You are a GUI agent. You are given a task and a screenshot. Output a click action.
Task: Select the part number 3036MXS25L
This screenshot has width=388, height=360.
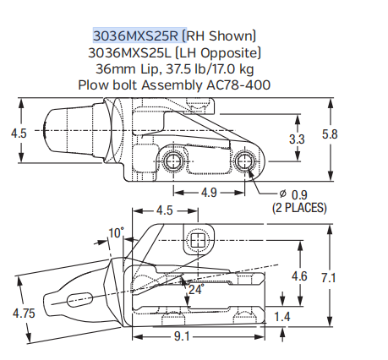134,52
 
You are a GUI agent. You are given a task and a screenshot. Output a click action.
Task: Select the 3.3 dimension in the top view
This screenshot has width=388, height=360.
297,139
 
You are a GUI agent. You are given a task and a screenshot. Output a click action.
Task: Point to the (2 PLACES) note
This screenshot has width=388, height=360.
299,208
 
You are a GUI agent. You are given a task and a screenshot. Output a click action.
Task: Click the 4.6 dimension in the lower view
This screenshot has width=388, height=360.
299,276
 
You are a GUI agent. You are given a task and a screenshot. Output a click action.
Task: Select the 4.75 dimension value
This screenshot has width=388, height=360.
24,314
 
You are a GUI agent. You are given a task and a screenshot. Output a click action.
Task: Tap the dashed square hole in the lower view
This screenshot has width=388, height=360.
198,241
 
